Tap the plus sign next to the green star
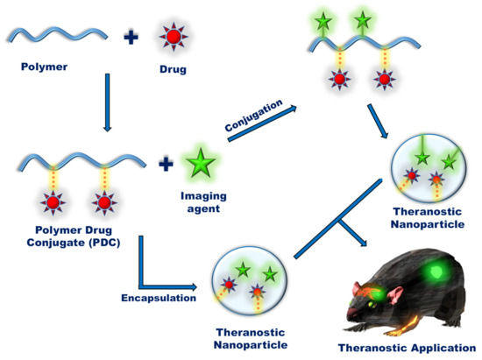pyautogui.click(x=165, y=162)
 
